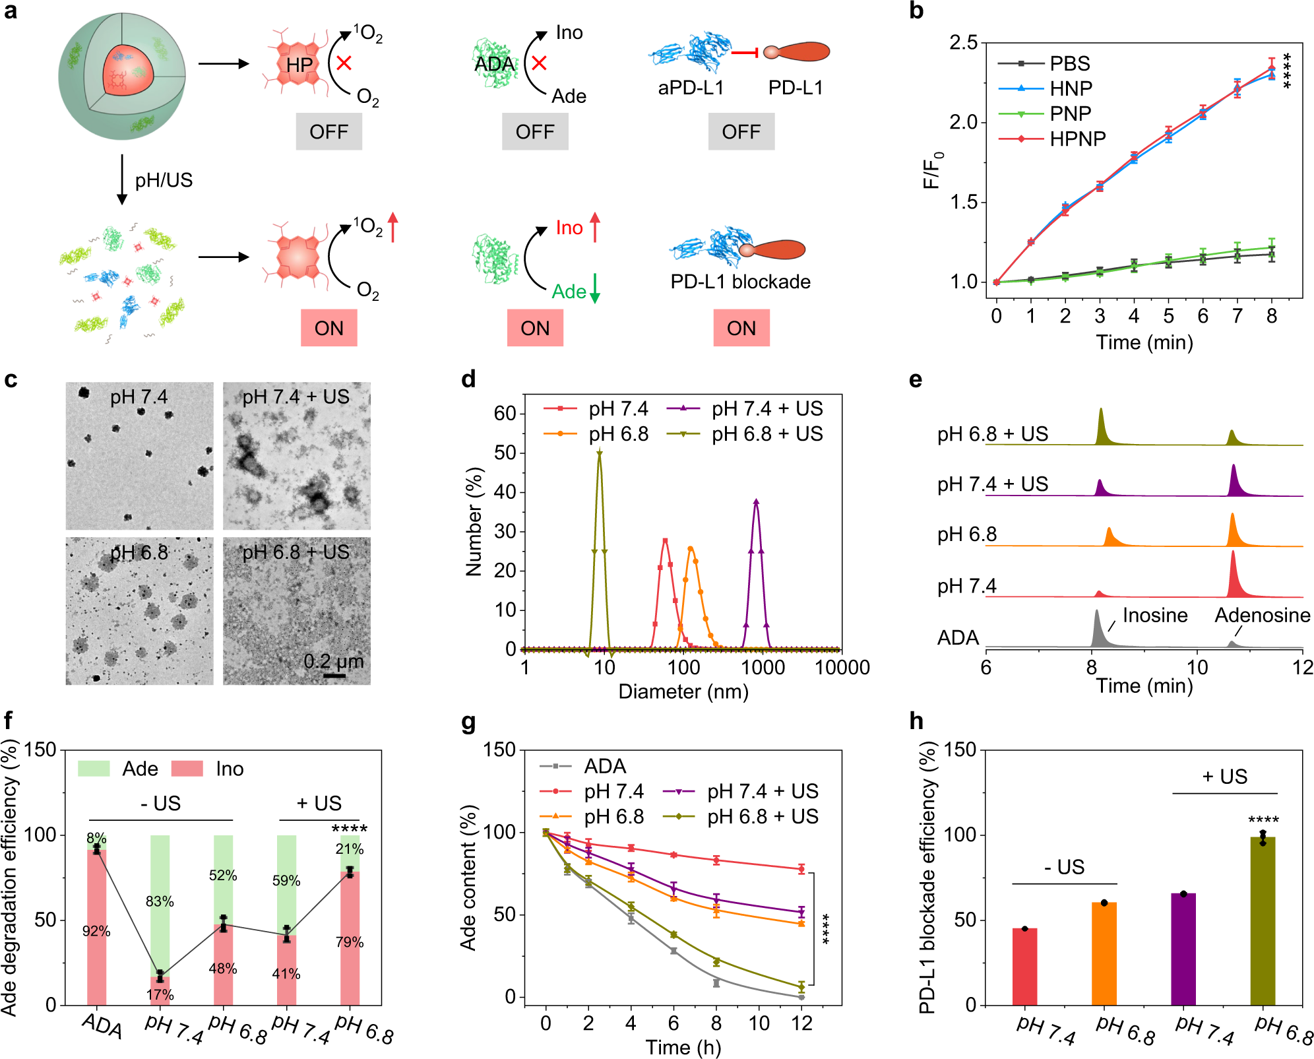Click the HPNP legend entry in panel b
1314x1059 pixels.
tap(1077, 139)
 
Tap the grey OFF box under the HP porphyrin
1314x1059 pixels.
tap(328, 131)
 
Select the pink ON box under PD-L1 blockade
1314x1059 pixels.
tap(741, 328)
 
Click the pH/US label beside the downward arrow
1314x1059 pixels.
tap(164, 180)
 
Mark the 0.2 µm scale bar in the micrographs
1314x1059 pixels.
tap(334, 675)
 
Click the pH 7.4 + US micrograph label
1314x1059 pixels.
tap(296, 397)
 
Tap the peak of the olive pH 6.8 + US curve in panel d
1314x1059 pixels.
tap(599, 453)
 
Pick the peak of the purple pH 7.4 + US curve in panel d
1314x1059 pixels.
tap(756, 501)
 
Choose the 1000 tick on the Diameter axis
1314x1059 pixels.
tap(763, 667)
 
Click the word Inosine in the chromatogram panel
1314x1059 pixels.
tap(1154, 615)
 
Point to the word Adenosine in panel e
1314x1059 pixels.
tap(1262, 615)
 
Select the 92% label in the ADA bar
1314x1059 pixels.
tap(96, 931)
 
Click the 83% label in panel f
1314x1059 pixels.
tap(160, 901)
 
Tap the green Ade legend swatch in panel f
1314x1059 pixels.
tap(93, 769)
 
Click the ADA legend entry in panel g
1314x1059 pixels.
tap(604, 766)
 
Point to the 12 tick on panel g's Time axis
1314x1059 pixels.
tap(801, 1023)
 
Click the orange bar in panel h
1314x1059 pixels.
tap(1104, 953)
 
